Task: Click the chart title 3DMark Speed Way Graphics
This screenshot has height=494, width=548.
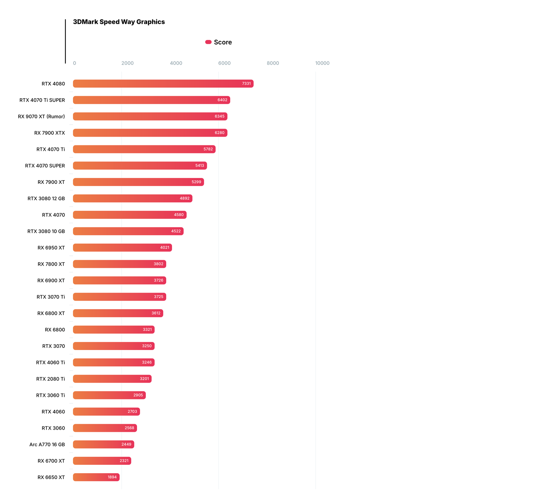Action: point(119,22)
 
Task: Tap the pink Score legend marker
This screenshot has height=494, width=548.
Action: point(208,42)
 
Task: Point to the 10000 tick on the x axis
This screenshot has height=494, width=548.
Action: point(322,63)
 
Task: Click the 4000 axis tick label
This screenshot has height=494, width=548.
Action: point(176,63)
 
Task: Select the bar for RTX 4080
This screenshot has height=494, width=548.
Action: point(163,84)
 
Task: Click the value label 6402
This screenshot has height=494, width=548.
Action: point(222,100)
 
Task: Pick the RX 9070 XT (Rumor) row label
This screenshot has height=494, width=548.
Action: point(41,117)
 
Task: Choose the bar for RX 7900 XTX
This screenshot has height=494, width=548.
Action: point(150,133)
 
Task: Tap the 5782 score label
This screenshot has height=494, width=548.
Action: point(208,149)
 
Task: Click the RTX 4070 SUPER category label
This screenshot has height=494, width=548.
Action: point(45,166)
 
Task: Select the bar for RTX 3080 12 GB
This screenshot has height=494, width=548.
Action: point(132,198)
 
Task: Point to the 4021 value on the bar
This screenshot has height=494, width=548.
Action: point(165,248)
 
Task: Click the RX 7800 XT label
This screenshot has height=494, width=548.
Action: point(51,264)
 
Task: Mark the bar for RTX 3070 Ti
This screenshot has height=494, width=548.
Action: point(119,297)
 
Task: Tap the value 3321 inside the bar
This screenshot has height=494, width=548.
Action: point(147,330)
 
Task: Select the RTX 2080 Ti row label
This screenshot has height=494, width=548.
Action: point(50,379)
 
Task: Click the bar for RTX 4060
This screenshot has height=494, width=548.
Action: point(106,412)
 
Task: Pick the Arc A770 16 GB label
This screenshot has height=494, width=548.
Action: point(47,445)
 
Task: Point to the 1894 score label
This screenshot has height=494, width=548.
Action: point(112,477)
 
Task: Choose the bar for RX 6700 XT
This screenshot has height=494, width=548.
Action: point(102,461)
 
